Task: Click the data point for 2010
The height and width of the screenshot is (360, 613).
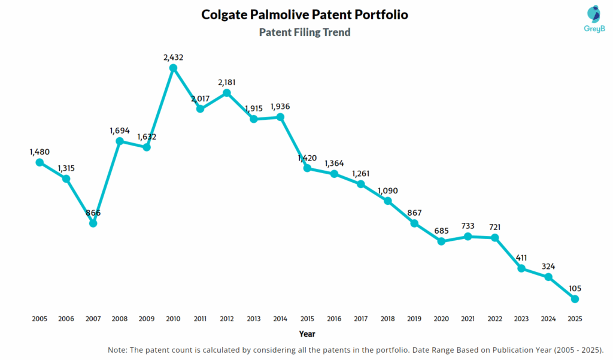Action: (x=174, y=68)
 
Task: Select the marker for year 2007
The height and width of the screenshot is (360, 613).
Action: (x=93, y=223)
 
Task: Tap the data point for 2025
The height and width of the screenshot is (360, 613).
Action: (x=575, y=299)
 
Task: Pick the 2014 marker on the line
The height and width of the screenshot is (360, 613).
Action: (x=281, y=117)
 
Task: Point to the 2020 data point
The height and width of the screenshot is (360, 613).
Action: (x=441, y=241)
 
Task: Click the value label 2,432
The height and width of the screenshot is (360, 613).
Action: (x=174, y=58)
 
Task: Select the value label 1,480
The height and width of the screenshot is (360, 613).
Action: (x=40, y=152)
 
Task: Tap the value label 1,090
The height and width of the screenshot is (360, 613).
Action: (x=387, y=190)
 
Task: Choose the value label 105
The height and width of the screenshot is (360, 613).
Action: (x=575, y=288)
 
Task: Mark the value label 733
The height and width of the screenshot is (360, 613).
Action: (x=468, y=226)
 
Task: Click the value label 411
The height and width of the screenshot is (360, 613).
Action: (x=521, y=258)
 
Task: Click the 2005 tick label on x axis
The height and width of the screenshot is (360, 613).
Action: (x=40, y=319)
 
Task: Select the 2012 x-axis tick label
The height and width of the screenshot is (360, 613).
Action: (x=227, y=319)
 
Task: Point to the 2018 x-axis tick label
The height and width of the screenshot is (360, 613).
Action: (x=387, y=319)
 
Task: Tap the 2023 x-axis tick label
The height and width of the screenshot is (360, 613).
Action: (x=521, y=319)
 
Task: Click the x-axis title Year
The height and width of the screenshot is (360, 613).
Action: (x=306, y=334)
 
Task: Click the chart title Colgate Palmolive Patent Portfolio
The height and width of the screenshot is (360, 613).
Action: (x=305, y=15)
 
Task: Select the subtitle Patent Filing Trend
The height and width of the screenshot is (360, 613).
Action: (x=305, y=32)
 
